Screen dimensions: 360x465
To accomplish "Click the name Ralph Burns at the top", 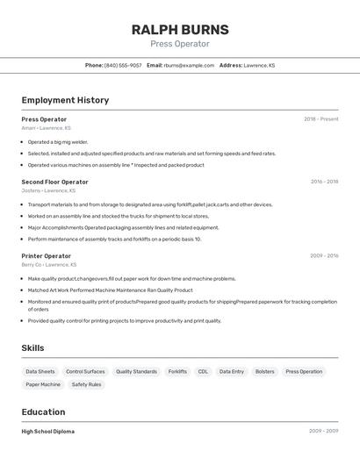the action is coord(179,29).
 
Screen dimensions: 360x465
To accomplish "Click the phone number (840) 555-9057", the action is coord(123,65).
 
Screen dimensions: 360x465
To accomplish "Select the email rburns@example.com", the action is coord(189,65).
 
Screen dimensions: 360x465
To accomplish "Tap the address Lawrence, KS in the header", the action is coord(259,65).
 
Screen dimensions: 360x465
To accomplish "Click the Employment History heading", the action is coord(65,100).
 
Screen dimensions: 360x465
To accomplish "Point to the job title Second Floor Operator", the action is coord(54,182).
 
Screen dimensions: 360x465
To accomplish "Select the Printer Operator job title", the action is coord(47,255).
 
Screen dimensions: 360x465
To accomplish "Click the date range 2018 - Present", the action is coord(320,119).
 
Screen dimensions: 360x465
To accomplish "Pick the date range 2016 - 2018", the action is coord(324,182).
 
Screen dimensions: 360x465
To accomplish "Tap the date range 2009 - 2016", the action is coord(324,255).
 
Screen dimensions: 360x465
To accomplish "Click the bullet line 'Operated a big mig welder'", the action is coord(58,141).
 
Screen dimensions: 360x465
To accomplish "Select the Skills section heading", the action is coord(32,348).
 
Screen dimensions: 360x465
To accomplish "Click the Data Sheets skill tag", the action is coord(40,371).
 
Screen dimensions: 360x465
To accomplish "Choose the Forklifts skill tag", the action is coord(177,371).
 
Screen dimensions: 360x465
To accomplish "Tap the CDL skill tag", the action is coord(203,371).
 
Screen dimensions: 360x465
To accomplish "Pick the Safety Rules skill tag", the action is coord(86,384).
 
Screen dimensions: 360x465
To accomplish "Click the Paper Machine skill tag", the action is coord(43,384).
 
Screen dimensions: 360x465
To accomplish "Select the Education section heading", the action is coord(43,411).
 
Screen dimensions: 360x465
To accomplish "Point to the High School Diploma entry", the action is coord(47,432).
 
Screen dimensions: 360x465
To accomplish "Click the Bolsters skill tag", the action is coord(264,371).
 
